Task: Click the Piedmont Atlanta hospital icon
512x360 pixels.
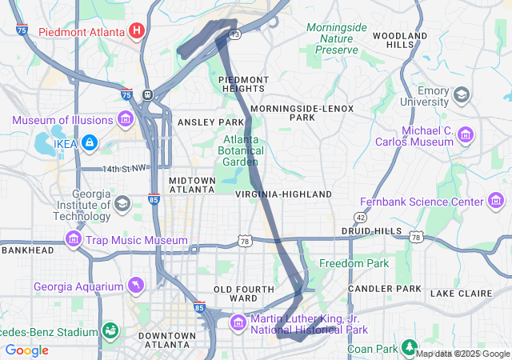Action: pyautogui.click(x=137, y=31)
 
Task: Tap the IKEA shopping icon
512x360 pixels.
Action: pyautogui.click(x=89, y=142)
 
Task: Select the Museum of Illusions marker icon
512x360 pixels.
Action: pyautogui.click(x=125, y=120)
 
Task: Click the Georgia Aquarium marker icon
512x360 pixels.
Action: pyautogui.click(x=137, y=286)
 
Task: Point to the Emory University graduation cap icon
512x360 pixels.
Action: pyautogui.click(x=462, y=95)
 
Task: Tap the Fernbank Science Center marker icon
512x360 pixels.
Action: pyautogui.click(x=497, y=201)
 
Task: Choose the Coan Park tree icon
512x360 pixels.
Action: pyautogui.click(x=410, y=348)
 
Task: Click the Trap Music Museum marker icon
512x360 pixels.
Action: pyautogui.click(x=74, y=239)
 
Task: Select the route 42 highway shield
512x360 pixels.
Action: pyautogui.click(x=361, y=217)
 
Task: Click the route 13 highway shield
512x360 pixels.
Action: pyautogui.click(x=234, y=34)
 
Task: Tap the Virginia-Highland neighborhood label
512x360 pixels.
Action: pyautogui.click(x=283, y=194)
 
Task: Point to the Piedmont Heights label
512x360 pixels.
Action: pyautogui.click(x=243, y=84)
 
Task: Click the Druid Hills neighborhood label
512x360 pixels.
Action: pyautogui.click(x=371, y=230)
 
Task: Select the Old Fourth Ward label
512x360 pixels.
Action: pyautogui.click(x=236, y=293)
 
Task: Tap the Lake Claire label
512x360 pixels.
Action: pyautogui.click(x=454, y=294)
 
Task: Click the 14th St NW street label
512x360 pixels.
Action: pyautogui.click(x=125, y=169)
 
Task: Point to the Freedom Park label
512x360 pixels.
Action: pyautogui.click(x=354, y=263)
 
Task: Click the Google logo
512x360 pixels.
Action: pyautogui.click(x=26, y=350)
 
